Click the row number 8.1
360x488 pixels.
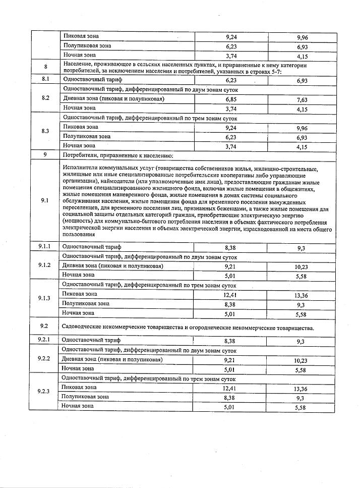coord(45,79)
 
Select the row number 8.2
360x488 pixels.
coord(45,98)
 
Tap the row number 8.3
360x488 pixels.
coord(45,131)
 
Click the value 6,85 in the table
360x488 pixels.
coord(231,99)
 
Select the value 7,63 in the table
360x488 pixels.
coord(302,100)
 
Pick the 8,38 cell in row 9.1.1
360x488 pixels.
coord(230,247)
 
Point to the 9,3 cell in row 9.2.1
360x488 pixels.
coord(302,341)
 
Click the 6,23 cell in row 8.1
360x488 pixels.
coord(231,80)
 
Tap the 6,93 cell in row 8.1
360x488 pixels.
coord(302,80)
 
